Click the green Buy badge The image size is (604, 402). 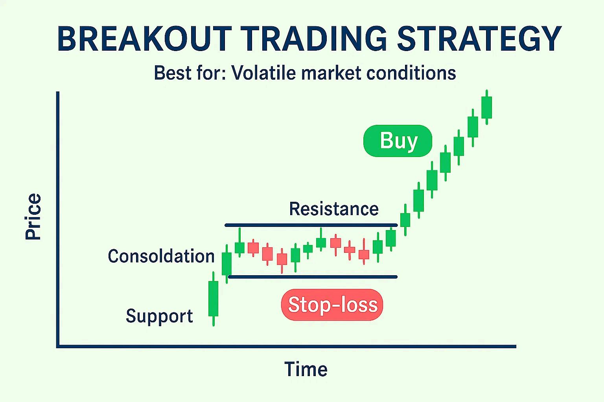tap(398, 141)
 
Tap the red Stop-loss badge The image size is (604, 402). tap(332, 305)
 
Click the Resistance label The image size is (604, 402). tap(334, 209)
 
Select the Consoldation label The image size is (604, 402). tap(161, 256)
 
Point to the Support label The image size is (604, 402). tap(159, 316)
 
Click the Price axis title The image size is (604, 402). tap(33, 216)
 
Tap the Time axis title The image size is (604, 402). tap(306, 369)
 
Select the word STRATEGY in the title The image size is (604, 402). tap(479, 38)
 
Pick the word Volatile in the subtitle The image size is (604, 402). tap(264, 73)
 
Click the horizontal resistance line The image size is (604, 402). tap(311, 225)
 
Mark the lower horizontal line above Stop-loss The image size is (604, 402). tap(313, 277)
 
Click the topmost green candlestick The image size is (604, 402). tap(487, 107)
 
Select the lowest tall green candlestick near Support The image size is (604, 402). tap(213, 299)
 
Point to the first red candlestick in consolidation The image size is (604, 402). tap(253, 248)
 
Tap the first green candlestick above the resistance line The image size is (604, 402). tap(405, 220)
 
